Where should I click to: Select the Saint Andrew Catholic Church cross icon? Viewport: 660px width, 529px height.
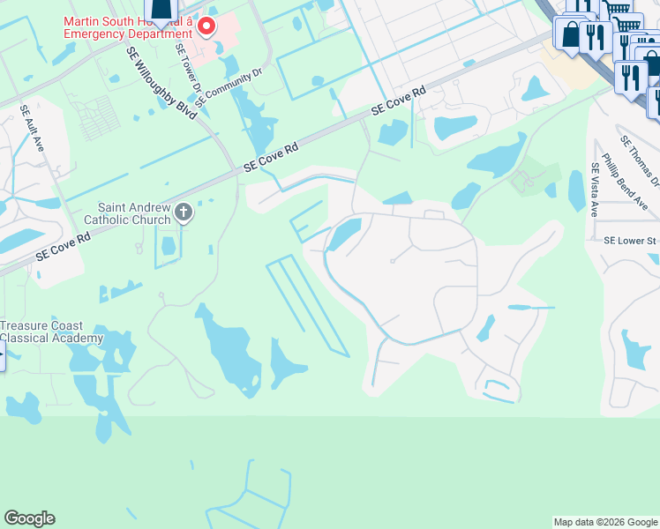(x=184, y=211)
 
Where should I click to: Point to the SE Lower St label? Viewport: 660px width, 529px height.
(x=630, y=240)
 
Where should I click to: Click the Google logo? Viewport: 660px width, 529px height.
(x=29, y=518)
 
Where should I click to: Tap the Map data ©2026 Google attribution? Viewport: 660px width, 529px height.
(x=605, y=522)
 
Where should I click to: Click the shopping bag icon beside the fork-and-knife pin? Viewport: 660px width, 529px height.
(x=571, y=34)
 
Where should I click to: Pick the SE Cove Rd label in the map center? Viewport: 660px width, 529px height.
(x=272, y=158)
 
